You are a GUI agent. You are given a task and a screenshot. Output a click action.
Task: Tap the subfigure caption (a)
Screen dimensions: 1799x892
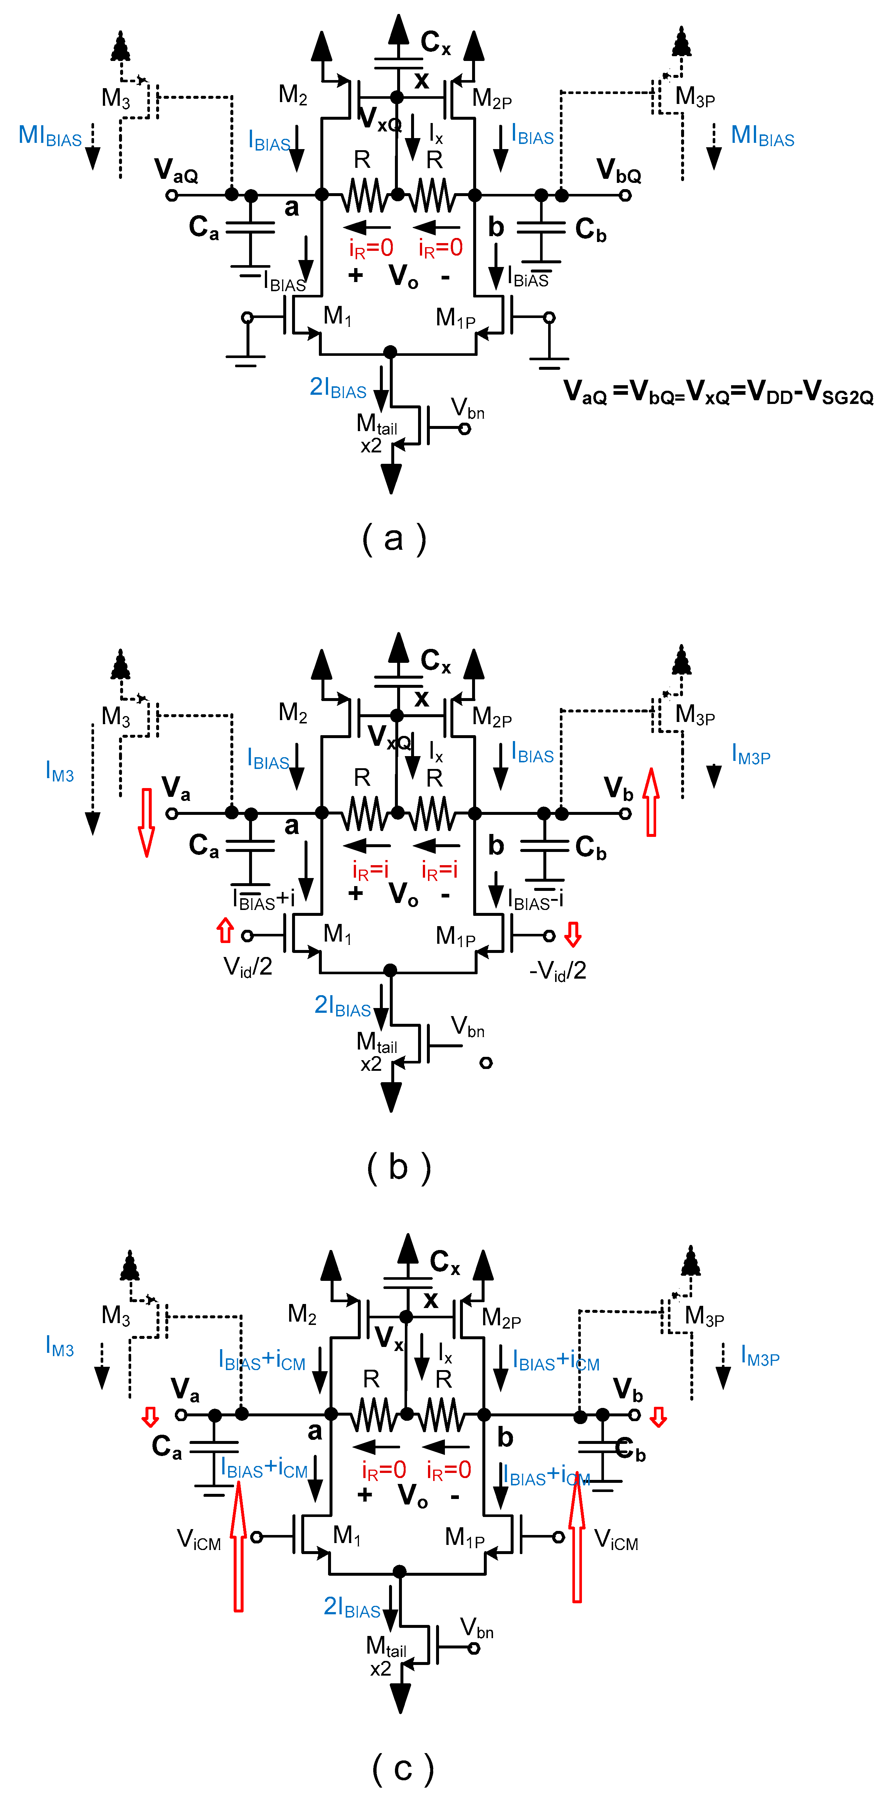(x=394, y=538)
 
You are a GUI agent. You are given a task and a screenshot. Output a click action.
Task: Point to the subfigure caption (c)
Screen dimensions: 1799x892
(x=403, y=1767)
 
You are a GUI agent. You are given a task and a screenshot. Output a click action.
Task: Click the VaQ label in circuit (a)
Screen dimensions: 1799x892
(x=176, y=170)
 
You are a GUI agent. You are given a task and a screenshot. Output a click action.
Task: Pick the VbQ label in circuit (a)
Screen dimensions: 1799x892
(x=618, y=170)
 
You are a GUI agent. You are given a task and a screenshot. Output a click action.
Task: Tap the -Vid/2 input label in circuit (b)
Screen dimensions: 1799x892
(x=557, y=971)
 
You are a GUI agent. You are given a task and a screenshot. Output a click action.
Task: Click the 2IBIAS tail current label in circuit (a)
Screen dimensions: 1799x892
(x=338, y=387)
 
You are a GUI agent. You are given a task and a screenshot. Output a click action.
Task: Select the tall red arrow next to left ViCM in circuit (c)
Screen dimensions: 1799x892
(x=238, y=1546)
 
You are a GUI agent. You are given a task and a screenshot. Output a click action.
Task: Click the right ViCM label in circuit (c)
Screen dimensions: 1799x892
(x=616, y=1539)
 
